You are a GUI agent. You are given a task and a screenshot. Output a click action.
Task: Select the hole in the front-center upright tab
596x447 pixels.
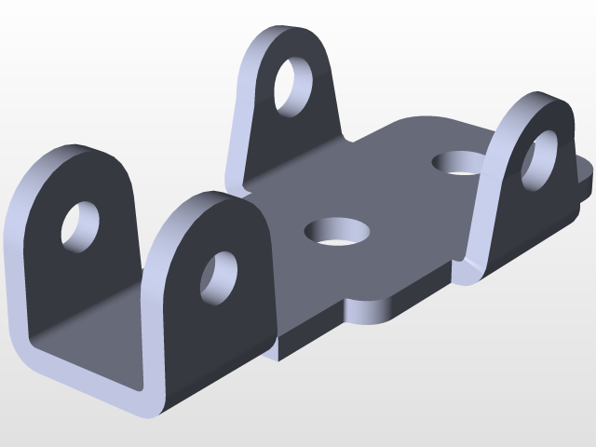pyautogui.click(x=220, y=277)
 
